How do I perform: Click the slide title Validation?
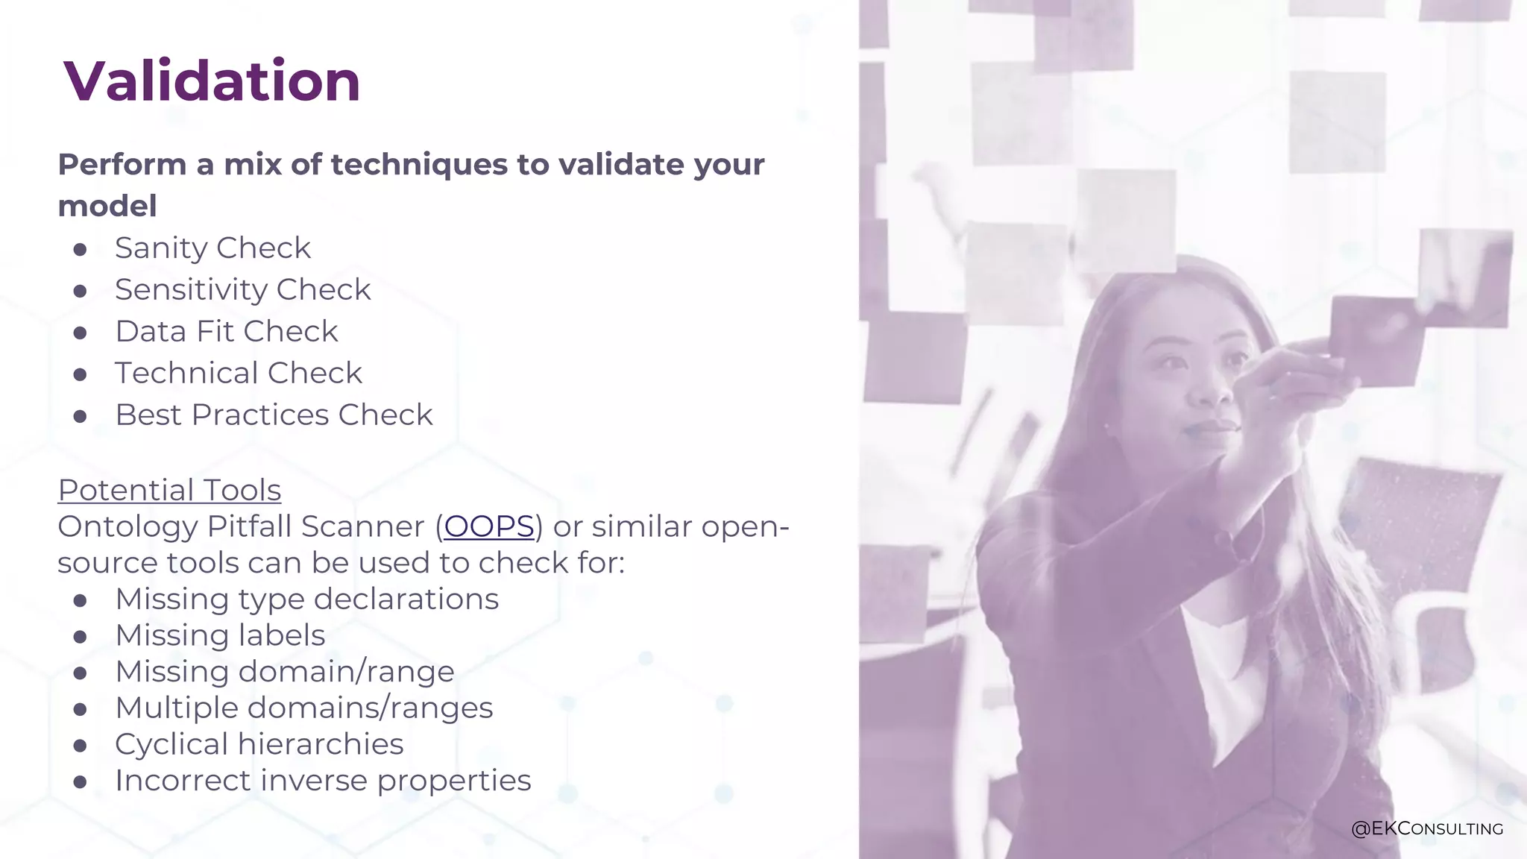[212, 81]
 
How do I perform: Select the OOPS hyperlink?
[489, 526]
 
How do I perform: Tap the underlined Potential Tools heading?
[169, 490]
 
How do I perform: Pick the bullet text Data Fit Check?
[227, 332]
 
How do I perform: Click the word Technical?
[186, 373]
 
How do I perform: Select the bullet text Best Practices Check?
[274, 415]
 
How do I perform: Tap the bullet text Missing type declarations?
[306, 599]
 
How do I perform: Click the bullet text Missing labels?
[220, 635]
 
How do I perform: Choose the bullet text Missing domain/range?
[284, 672]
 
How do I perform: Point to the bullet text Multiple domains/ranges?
[303, 708]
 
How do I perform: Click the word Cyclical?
[171, 744]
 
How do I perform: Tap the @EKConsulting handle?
[1426, 828]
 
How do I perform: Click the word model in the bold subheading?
[107, 207]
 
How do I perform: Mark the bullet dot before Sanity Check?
[81, 249]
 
